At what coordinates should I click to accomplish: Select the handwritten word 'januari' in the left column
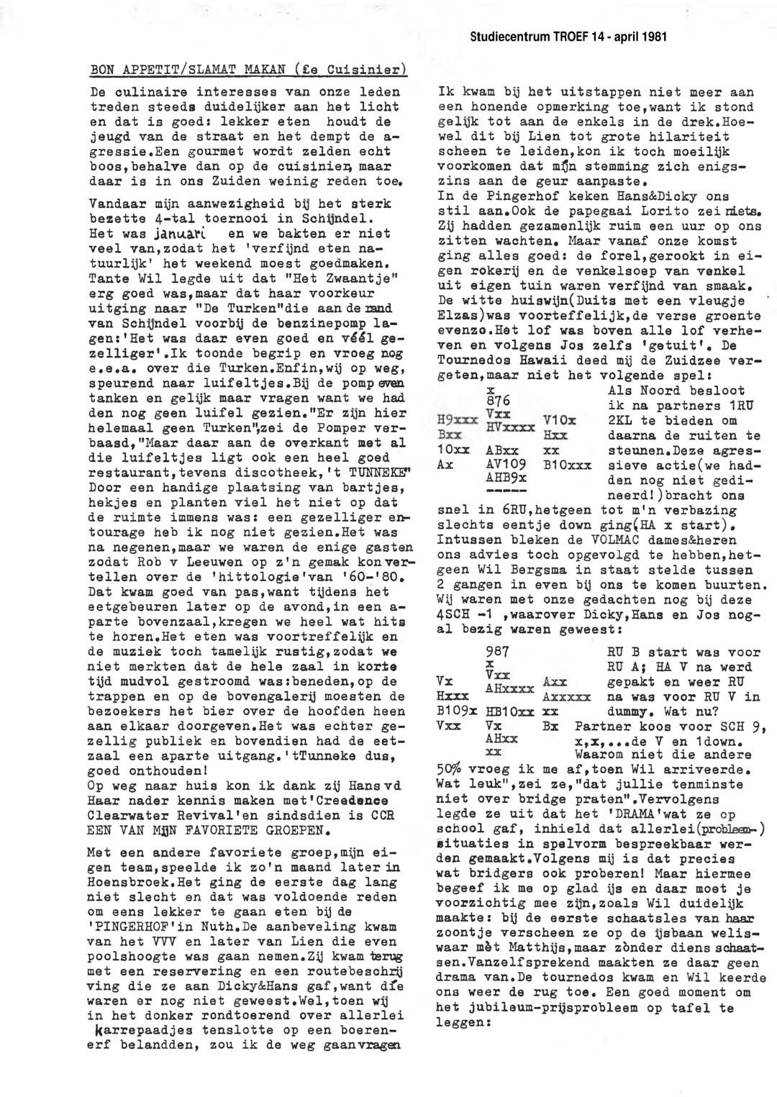pos(179,234)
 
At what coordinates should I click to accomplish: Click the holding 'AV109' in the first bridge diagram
pos(506,464)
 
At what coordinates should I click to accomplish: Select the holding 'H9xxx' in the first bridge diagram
pos(458,420)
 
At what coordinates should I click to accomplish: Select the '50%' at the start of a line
pos(452,769)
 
